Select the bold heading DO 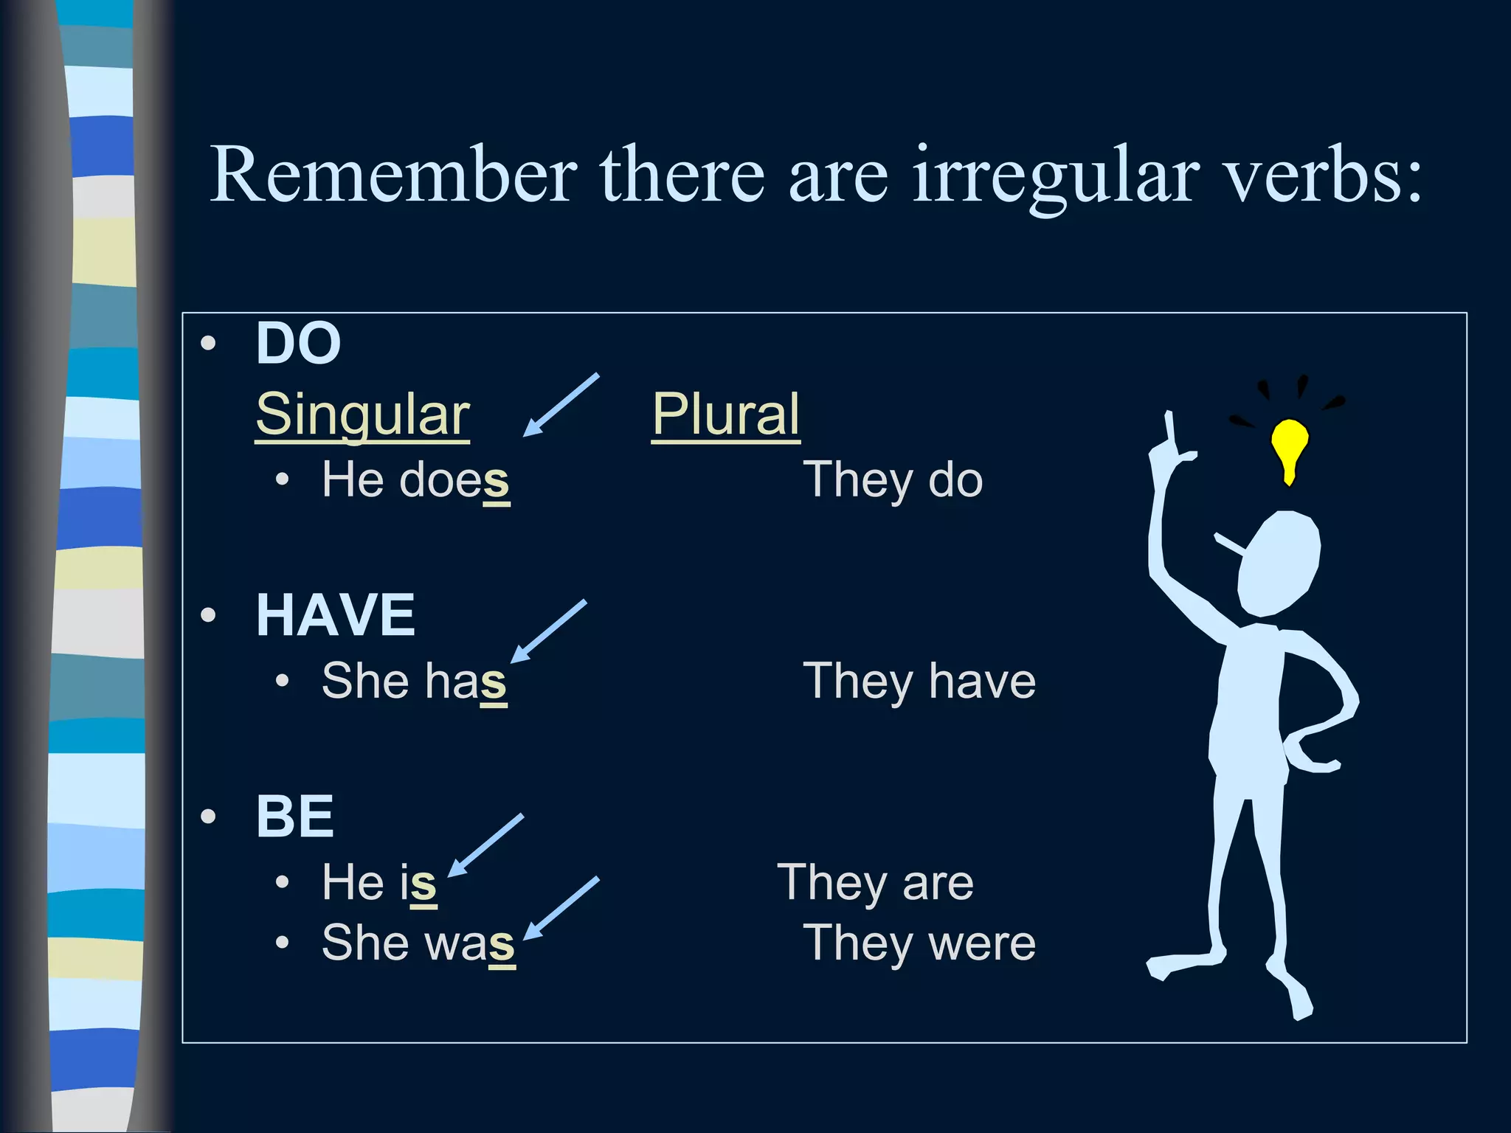(298, 344)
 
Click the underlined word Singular (362, 415)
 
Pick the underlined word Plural (726, 415)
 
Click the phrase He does (415, 480)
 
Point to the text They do (893, 480)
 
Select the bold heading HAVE (336, 614)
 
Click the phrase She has (414, 680)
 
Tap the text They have (919, 680)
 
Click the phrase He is (379, 882)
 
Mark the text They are (876, 882)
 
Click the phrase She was (418, 943)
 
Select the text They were (919, 943)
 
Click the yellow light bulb (1289, 446)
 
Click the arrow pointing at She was (561, 909)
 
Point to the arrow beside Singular (561, 404)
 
